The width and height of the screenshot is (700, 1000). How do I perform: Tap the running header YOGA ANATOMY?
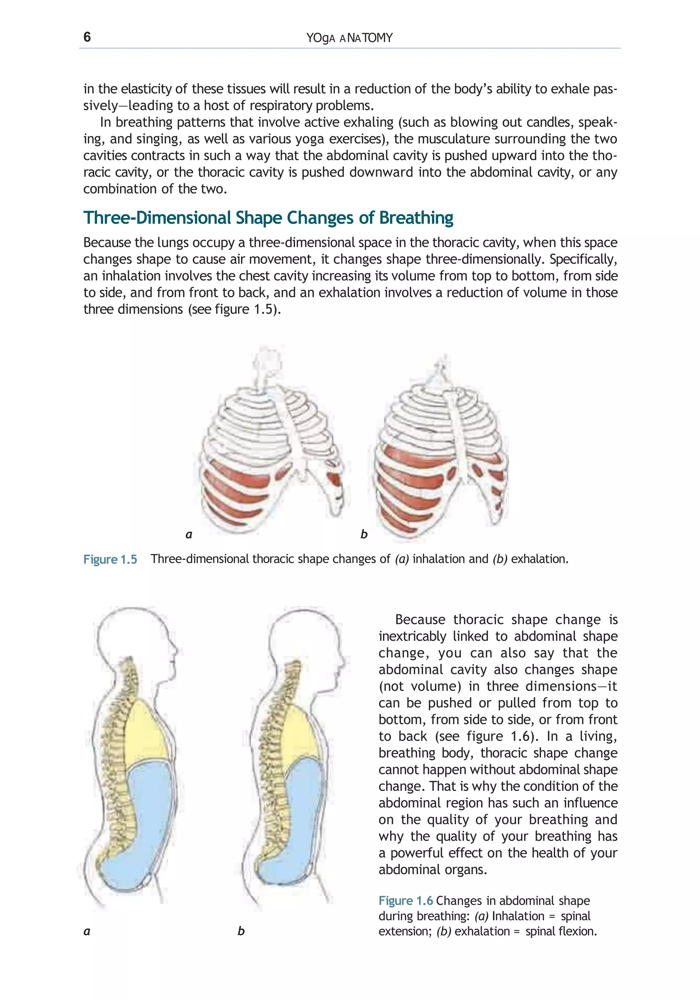(349, 38)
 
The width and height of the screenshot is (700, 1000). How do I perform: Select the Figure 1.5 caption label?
(110, 559)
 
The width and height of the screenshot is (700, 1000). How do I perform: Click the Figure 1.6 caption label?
(405, 901)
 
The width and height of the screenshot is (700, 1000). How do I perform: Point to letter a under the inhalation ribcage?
(189, 535)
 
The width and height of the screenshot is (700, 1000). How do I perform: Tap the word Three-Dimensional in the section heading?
(157, 218)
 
